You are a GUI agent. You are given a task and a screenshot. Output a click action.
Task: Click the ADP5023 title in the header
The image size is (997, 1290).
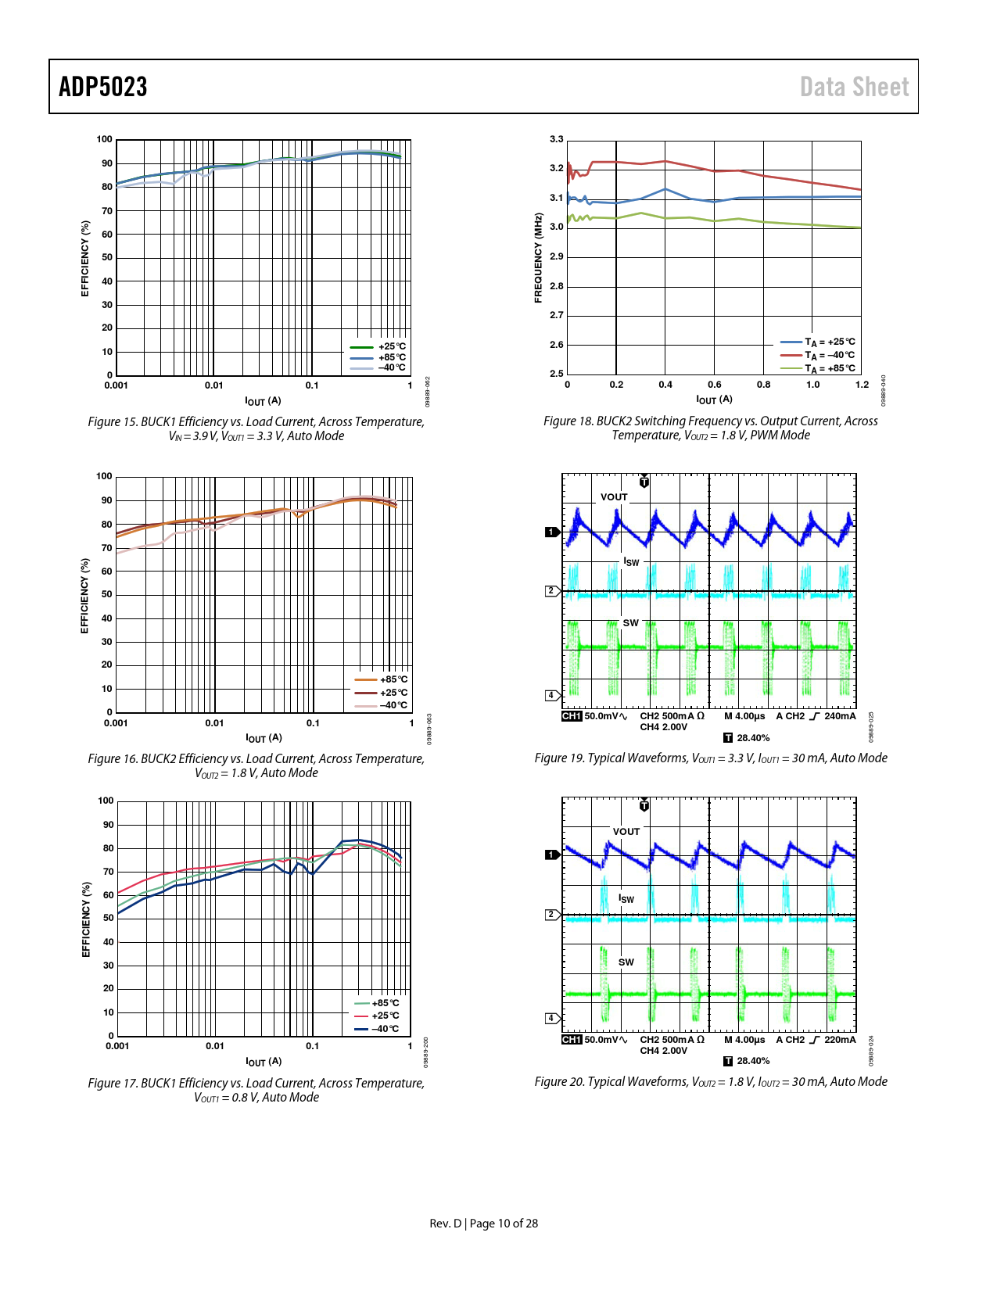pyautogui.click(x=103, y=87)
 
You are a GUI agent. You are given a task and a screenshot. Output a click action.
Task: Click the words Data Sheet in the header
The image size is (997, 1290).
pyautogui.click(x=854, y=87)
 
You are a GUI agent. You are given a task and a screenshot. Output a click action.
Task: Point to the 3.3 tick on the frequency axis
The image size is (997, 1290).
pyautogui.click(x=556, y=139)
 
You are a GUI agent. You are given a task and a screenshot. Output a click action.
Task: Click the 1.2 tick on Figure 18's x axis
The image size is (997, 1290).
pyautogui.click(x=862, y=385)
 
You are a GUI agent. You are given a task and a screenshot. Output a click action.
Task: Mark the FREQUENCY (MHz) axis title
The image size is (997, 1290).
pyautogui.click(x=538, y=258)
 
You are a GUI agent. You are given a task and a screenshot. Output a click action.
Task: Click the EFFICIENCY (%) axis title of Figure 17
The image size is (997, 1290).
pyautogui.click(x=86, y=919)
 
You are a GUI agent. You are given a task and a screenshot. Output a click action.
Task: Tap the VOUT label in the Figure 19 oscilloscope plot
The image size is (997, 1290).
pyautogui.click(x=614, y=497)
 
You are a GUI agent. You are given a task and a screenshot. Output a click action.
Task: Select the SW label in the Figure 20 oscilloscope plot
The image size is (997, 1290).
pyautogui.click(x=626, y=962)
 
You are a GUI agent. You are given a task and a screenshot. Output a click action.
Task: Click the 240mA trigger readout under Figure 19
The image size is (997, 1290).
pyautogui.click(x=840, y=716)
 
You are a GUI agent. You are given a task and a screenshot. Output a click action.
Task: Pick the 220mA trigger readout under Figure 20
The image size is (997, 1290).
pyautogui.click(x=840, y=1040)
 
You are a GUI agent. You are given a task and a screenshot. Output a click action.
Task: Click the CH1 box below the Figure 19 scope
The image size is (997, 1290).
pyautogui.click(x=572, y=716)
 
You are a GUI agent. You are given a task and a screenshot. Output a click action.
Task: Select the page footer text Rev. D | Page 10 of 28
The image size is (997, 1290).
pyautogui.click(x=483, y=1224)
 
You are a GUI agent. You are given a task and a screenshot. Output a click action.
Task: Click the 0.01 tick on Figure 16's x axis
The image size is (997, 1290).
pyautogui.click(x=214, y=723)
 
